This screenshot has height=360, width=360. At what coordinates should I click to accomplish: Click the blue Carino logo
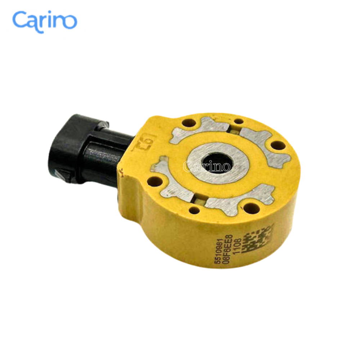coord(45,21)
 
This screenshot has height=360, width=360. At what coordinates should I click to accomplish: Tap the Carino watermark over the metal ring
coord(207,167)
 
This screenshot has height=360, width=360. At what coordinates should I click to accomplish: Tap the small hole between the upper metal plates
coord(238,122)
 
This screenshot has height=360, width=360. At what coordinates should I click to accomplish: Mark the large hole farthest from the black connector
coord(278,145)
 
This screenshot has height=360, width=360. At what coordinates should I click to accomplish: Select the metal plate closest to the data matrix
coord(238,200)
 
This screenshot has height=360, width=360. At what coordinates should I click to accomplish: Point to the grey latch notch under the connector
coord(61,175)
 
